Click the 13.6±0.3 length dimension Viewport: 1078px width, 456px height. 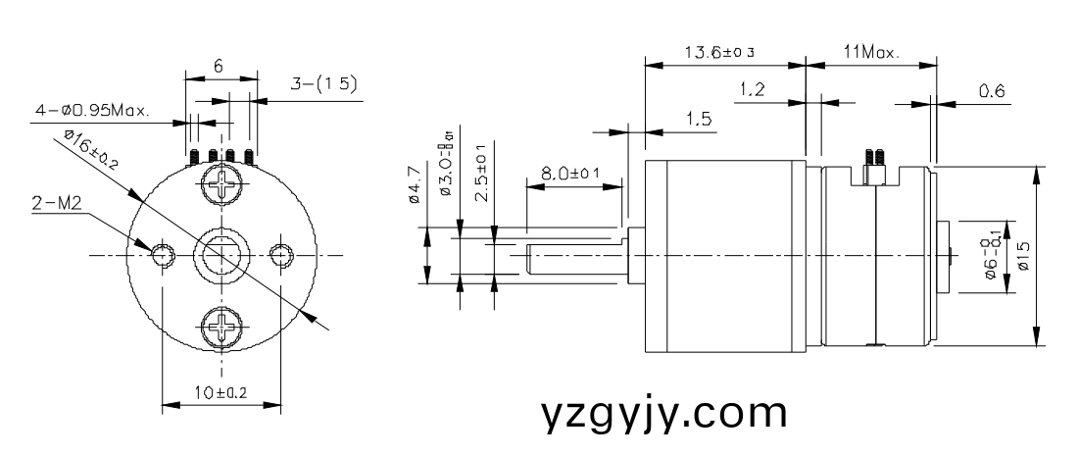point(723,52)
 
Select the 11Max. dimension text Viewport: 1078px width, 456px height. point(869,52)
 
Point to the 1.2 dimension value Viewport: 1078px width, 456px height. point(753,90)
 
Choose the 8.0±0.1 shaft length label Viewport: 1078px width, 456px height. point(569,176)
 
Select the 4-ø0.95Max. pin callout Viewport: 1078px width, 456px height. point(92,111)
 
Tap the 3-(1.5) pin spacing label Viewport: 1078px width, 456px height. point(324,86)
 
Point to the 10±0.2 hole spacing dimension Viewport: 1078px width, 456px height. point(220,392)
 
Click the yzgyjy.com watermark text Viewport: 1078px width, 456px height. point(664,413)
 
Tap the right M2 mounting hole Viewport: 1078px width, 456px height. point(282,255)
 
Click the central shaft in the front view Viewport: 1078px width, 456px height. point(221,255)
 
